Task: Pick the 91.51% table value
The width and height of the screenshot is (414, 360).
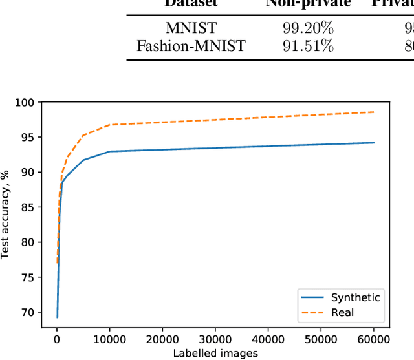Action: coord(308,46)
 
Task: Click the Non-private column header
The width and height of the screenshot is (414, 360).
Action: coord(308,4)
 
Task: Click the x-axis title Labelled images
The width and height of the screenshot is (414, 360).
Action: coord(215,353)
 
